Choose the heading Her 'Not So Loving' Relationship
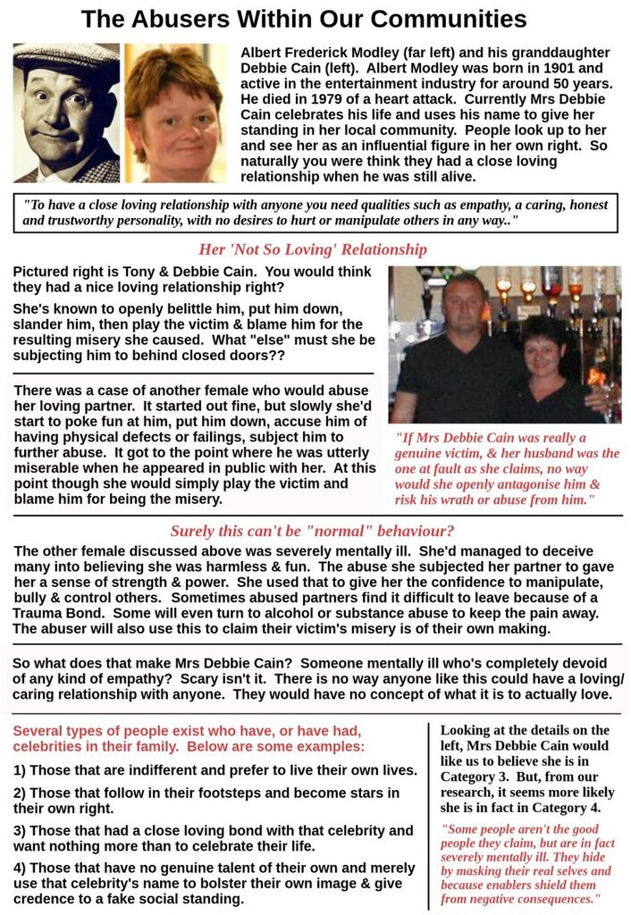pyautogui.click(x=312, y=249)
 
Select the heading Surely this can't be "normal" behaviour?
pyautogui.click(x=312, y=531)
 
